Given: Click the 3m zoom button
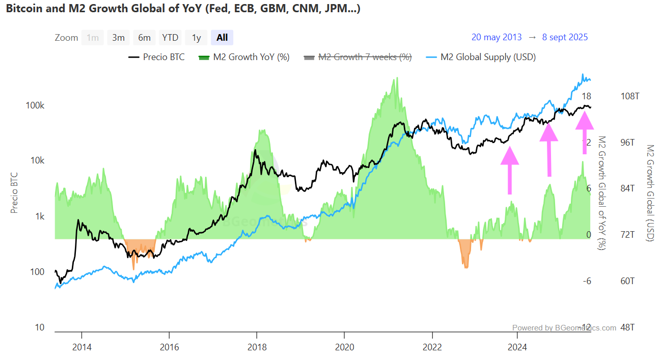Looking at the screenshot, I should pyautogui.click(x=119, y=37).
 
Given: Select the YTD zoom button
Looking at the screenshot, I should pyautogui.click(x=170, y=37).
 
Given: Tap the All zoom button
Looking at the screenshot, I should pyautogui.click(x=222, y=37).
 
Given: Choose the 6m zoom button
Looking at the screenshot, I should pyautogui.click(x=145, y=37).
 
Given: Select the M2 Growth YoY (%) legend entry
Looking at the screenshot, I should pyautogui.click(x=244, y=57).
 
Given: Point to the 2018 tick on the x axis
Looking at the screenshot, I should pyautogui.click(x=257, y=348).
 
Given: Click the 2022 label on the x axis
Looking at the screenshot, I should pyautogui.click(x=432, y=348).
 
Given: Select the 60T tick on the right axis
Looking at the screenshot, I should pyautogui.click(x=627, y=281).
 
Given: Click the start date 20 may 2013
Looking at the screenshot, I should pyautogui.click(x=497, y=37).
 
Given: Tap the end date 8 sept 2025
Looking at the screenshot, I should pyautogui.click(x=565, y=37).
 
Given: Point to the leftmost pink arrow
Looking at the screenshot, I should pyautogui.click(x=510, y=168).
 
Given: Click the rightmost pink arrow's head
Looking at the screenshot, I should pyautogui.click(x=585, y=120).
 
